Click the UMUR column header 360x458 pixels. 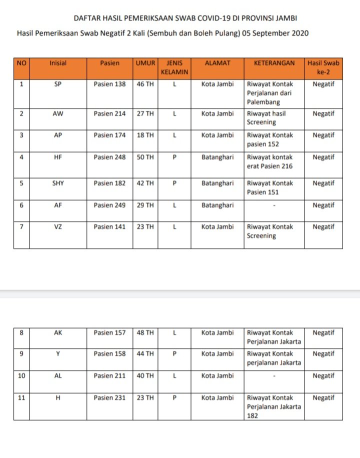coord(145,63)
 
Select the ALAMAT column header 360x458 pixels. coord(217,63)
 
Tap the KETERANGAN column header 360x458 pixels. coord(274,63)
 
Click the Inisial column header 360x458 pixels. coord(58,63)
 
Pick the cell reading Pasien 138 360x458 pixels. coord(109,84)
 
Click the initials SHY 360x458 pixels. coord(58,183)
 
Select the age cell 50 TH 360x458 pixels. coord(145,157)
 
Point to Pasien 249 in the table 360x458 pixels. coord(109,205)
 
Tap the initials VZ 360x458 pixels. coord(58,227)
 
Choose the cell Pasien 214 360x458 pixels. coord(109,114)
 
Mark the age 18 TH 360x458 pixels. coord(145,135)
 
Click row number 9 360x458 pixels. coord(21,354)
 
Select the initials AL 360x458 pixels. coord(58,376)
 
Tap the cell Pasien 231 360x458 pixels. coord(109,398)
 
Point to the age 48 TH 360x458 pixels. coord(145,332)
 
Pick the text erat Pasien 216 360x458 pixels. coord(269,166)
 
